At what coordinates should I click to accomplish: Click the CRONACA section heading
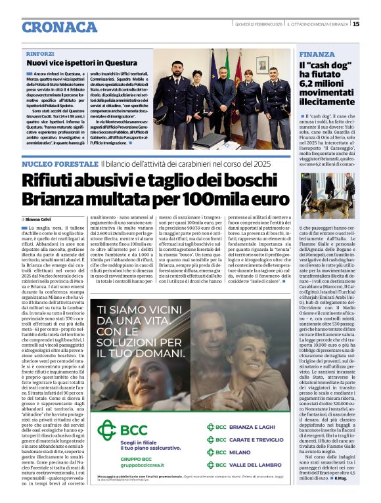(x=59, y=27)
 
